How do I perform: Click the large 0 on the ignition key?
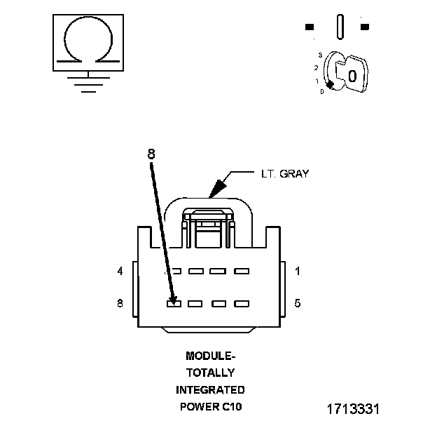(352, 75)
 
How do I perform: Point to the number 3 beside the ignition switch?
(320, 54)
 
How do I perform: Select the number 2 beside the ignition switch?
(317, 67)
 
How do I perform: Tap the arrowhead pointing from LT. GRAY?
(218, 187)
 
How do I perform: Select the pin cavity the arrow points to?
(174, 304)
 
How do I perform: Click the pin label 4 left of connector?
(120, 271)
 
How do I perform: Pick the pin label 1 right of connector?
(297, 271)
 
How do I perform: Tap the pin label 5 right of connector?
(297, 304)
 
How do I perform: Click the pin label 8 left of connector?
(120, 304)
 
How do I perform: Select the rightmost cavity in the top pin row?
(242, 271)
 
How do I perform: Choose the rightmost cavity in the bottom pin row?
(242, 304)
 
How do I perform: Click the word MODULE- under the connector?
(210, 356)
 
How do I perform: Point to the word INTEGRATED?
(210, 389)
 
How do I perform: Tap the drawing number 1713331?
(353, 408)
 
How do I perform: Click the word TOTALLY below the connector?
(210, 373)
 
